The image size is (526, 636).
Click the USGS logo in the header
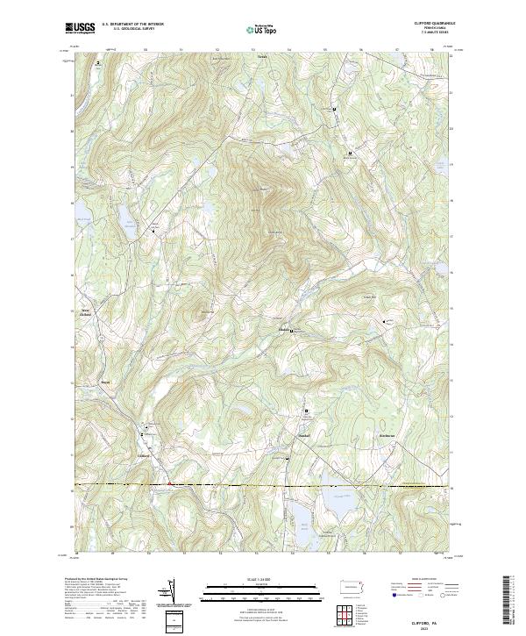pyautogui.click(x=81, y=28)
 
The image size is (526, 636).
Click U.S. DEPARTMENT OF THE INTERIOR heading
pyautogui.click(x=131, y=24)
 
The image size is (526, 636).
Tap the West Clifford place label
pyautogui.click(x=86, y=311)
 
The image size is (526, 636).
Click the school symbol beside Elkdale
pyautogui.click(x=292, y=331)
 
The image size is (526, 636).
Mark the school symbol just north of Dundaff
pyautogui.click(x=307, y=411)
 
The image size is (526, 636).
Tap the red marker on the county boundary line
pyautogui.click(x=168, y=482)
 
